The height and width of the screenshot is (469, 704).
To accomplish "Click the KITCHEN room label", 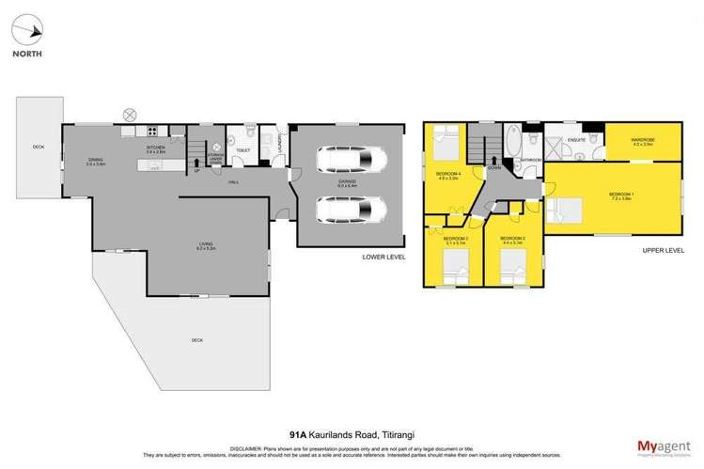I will pyautogui.click(x=155, y=148).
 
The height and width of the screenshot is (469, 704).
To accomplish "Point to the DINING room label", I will pyautogui.click(x=95, y=160).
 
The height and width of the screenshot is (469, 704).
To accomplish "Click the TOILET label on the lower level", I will pyautogui.click(x=242, y=150).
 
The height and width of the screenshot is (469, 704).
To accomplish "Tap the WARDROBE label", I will pyautogui.click(x=643, y=140).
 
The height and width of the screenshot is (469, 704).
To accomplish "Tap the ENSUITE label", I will pyautogui.click(x=577, y=140).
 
